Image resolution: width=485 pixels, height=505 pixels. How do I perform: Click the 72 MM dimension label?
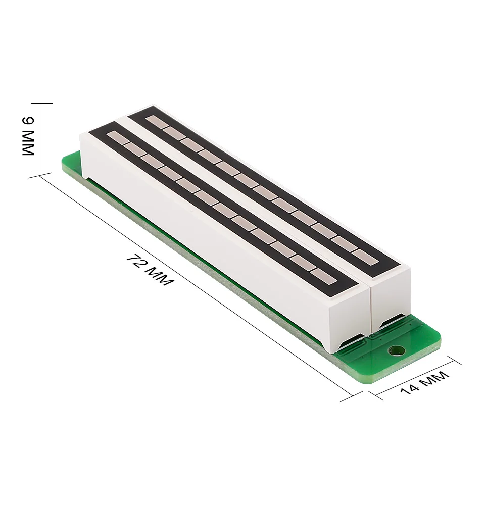(x=150, y=270)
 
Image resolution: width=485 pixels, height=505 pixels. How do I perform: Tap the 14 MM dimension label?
(x=424, y=383)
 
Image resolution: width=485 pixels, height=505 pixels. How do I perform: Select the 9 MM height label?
(x=28, y=136)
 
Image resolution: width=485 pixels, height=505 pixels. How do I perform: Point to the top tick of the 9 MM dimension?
(x=41, y=104)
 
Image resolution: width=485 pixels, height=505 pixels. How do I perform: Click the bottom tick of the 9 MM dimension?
(x=41, y=170)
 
